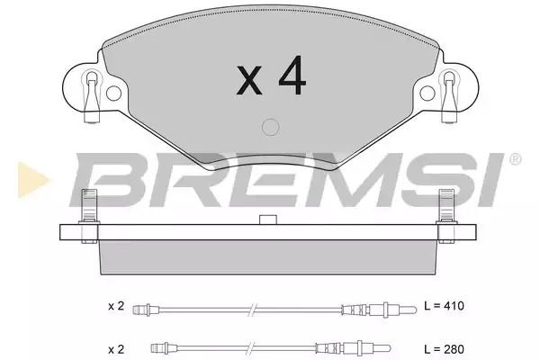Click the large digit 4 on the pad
coord(292,75)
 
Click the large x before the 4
coord(249,80)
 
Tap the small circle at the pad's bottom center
coord(270,127)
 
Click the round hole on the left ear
coord(113,93)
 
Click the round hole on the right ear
coord(427,93)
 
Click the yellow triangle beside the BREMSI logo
coord(32,180)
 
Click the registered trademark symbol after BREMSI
coord(515,158)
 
